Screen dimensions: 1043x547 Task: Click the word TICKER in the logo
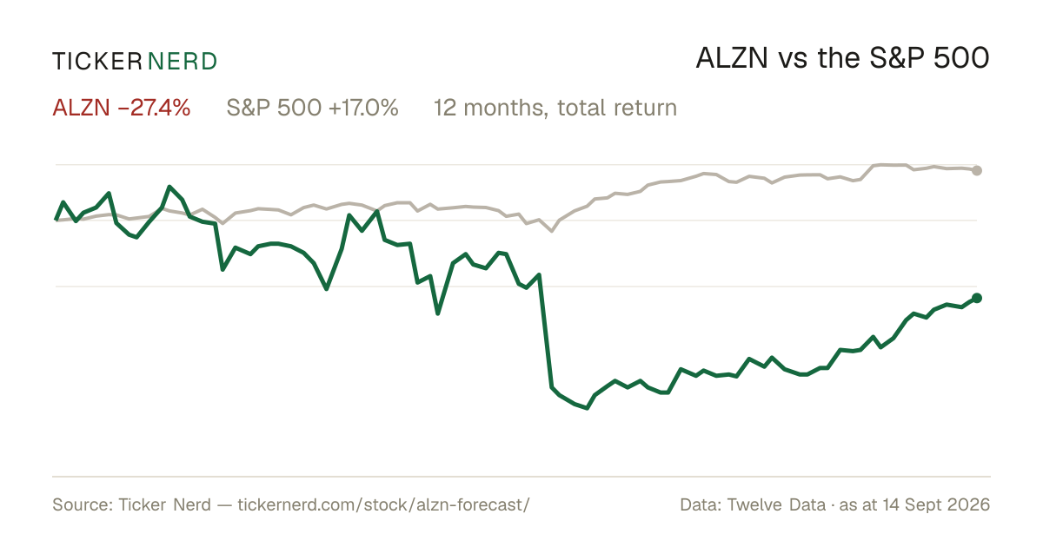[x=97, y=62]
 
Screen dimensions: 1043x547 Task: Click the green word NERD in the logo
[x=183, y=62]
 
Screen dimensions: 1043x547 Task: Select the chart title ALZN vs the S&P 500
[x=843, y=59]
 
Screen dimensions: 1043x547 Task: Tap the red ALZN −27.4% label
[x=122, y=108]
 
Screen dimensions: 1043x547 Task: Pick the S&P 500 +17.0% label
[x=312, y=108]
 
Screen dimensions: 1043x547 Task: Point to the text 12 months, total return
[x=555, y=108]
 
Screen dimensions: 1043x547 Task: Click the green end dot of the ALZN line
[x=977, y=298]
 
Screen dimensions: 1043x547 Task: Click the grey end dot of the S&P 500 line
[x=977, y=170]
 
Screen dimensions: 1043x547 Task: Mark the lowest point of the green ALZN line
[x=587, y=408]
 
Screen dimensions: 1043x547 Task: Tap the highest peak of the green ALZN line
[x=170, y=187]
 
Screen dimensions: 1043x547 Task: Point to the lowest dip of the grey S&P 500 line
[x=552, y=231]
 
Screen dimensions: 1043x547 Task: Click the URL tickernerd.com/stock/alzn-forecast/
[x=383, y=504]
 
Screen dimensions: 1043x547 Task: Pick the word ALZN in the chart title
[x=732, y=59]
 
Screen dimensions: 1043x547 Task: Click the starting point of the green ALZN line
[x=56, y=219]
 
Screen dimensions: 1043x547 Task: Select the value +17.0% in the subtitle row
[x=363, y=108]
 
